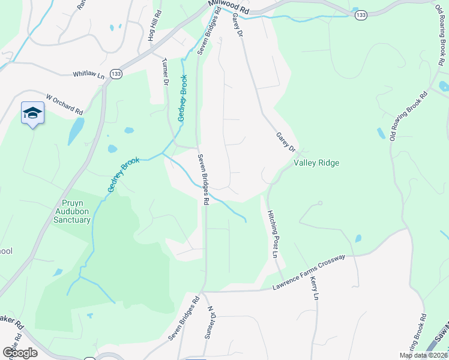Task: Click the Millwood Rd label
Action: (x=229, y=7)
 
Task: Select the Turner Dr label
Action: (x=166, y=71)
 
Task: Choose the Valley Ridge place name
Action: (x=316, y=163)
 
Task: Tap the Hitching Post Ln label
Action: (x=274, y=234)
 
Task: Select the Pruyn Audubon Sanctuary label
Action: (x=76, y=211)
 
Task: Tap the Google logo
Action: (x=20, y=352)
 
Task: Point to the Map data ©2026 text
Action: (x=423, y=355)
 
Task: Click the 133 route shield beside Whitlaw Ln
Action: (x=116, y=73)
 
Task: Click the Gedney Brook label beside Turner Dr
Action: (x=182, y=98)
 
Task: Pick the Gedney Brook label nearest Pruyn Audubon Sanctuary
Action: (x=124, y=175)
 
